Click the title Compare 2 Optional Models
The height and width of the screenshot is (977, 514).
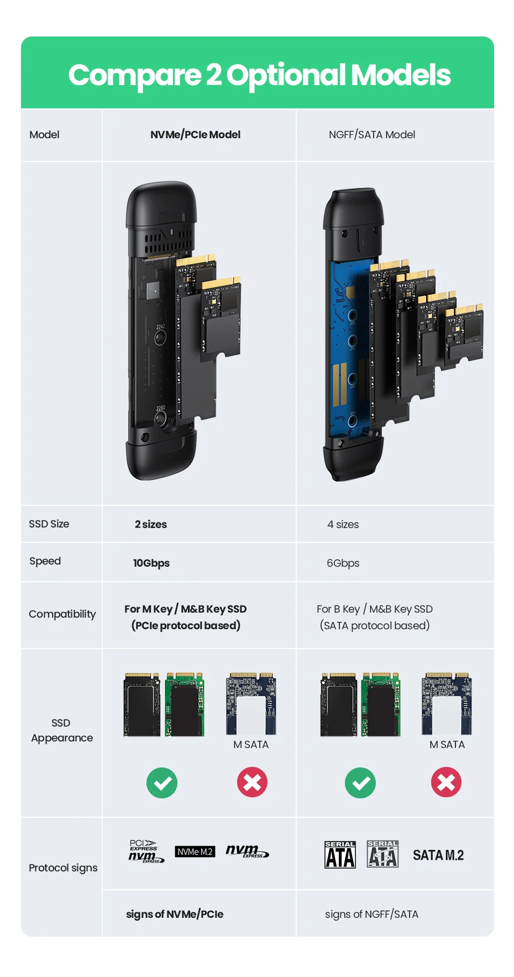point(259,75)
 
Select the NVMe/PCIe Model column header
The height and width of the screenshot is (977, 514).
point(195,134)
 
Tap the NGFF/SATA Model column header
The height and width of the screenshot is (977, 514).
point(371,134)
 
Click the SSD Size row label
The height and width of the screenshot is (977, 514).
point(49,524)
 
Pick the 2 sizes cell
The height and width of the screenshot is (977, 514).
point(150,524)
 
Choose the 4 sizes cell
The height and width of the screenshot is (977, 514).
point(343,524)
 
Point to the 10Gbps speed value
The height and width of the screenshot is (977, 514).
point(151,563)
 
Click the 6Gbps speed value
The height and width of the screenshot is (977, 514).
point(343,563)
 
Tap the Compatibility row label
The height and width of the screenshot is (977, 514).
point(62,614)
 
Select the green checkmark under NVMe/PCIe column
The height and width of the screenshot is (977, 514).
point(162,782)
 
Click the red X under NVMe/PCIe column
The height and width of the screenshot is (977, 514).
point(252,782)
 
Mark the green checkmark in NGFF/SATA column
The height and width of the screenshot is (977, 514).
point(360,782)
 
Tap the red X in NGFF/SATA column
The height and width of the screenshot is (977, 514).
point(446,782)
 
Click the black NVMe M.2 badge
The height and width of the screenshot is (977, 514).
point(195,851)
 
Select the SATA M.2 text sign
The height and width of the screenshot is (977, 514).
point(438,855)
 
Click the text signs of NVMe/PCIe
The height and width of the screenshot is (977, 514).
point(175,914)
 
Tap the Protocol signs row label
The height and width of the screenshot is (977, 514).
point(63,868)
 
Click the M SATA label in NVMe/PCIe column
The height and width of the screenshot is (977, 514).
point(251,744)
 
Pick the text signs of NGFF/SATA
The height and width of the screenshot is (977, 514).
point(371,914)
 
